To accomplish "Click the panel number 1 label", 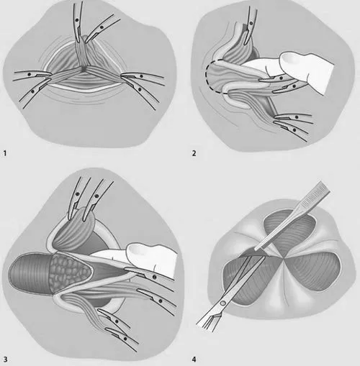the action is coord(5,153).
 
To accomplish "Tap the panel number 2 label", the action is coord(194,153).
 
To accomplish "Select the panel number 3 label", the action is coord(5,360).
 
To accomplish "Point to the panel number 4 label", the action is coord(194,360).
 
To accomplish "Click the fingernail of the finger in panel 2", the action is coord(289,58).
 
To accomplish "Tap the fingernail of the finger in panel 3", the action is coord(136,250).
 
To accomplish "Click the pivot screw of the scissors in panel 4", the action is coord(223,303).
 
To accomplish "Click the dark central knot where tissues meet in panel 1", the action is coord(83,68).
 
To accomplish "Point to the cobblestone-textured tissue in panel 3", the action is coord(69,272).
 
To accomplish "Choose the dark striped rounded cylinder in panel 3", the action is coord(30,273).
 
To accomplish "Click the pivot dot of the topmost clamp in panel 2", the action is coord(251,23).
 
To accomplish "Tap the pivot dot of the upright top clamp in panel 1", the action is coord(77,20).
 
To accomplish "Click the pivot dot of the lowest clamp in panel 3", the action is coord(125,339).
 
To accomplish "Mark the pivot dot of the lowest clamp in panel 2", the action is coord(294,130).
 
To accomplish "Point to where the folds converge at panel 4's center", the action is coord(284,258).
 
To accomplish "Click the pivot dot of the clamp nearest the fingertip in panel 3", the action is coord(154,278).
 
